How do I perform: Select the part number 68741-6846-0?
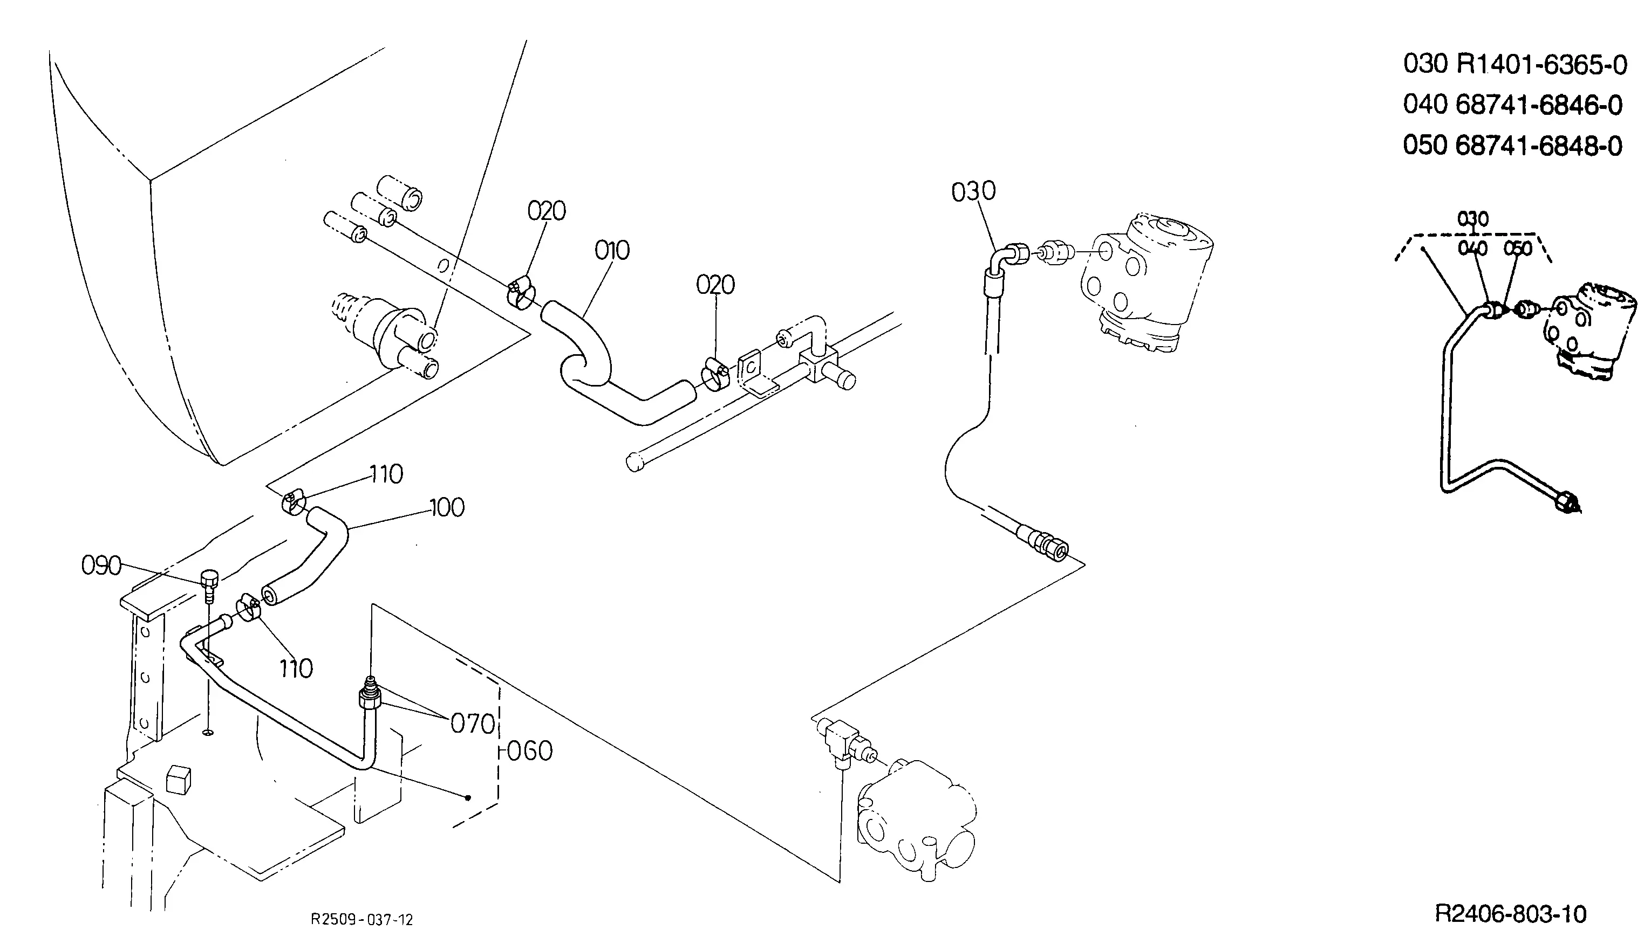(1539, 105)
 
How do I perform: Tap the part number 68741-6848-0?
(1539, 146)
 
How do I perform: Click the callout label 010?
(612, 250)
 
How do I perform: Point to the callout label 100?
(447, 507)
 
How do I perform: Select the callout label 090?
(101, 566)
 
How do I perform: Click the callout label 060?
(530, 751)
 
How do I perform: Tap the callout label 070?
(473, 723)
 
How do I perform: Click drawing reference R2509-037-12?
(361, 920)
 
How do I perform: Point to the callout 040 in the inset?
(1472, 249)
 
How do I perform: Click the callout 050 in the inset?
(1518, 249)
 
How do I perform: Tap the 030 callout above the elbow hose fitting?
(973, 191)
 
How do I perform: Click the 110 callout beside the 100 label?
(386, 474)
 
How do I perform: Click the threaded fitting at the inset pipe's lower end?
(1566, 502)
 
